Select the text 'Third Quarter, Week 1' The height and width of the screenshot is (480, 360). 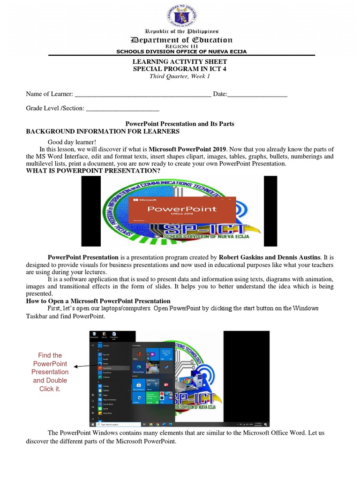[180, 77]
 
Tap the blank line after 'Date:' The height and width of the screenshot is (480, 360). [257, 95]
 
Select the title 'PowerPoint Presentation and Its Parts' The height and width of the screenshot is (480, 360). [180, 124]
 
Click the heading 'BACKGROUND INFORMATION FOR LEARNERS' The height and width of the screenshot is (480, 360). [103, 132]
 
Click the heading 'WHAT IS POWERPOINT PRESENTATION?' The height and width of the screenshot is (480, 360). [93, 171]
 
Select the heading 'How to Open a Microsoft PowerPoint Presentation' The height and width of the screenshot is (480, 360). [98, 301]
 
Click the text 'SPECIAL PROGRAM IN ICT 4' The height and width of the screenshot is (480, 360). [180, 69]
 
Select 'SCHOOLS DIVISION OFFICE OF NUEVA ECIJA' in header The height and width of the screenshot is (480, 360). [181, 52]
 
